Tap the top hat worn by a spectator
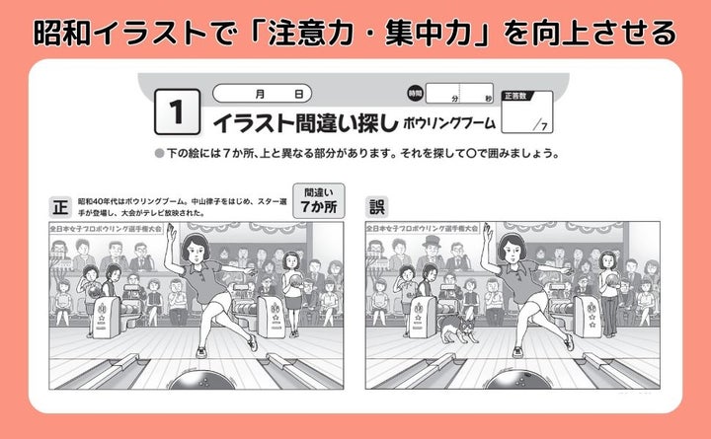click(x=432, y=241)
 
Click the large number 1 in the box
click(x=177, y=111)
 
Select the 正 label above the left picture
click(x=60, y=207)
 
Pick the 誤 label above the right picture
click(x=377, y=207)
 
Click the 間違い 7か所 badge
click(x=319, y=200)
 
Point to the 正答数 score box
click(x=527, y=111)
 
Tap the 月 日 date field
click(x=262, y=94)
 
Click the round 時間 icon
click(x=415, y=94)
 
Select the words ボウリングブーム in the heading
click(x=449, y=122)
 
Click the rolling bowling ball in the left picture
click(x=201, y=380)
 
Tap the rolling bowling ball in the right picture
click(x=518, y=380)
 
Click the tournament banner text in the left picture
click(x=106, y=229)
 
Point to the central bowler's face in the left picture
click(x=196, y=252)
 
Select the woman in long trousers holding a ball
click(x=608, y=294)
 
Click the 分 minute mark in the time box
click(x=455, y=99)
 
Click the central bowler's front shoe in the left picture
click(x=201, y=352)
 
